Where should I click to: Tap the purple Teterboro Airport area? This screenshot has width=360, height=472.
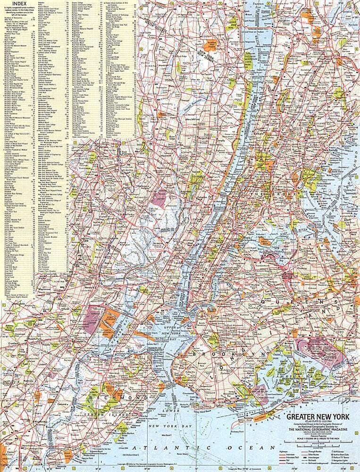click(160, 196)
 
